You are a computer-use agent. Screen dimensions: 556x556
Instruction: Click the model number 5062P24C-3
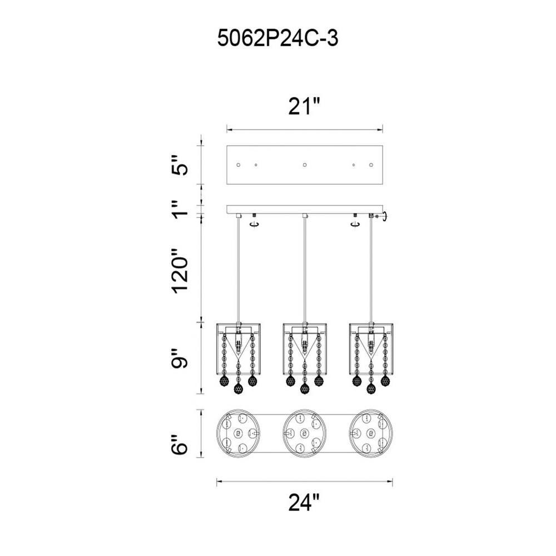(277, 38)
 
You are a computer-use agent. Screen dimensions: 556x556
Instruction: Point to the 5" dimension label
(180, 165)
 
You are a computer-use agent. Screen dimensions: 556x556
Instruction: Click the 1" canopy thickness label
(180, 209)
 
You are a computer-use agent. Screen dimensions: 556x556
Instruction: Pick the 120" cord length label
(180, 271)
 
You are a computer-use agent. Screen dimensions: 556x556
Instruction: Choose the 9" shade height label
(180, 359)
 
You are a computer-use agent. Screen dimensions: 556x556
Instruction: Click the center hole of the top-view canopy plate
(304, 165)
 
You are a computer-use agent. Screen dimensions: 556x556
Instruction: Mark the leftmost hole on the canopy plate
(239, 165)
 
